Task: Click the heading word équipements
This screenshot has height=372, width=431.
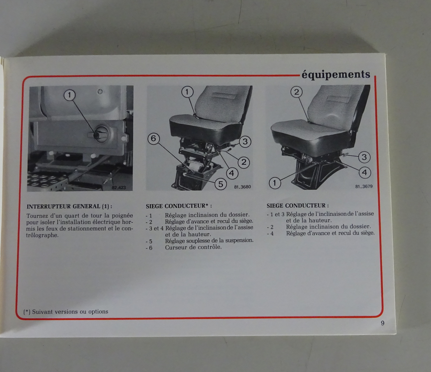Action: click(x=336, y=74)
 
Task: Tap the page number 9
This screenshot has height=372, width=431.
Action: click(x=383, y=323)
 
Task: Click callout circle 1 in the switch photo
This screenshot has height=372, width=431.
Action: click(x=69, y=95)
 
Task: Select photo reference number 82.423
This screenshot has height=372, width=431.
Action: click(x=119, y=187)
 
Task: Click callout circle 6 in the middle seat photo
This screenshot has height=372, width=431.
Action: click(x=154, y=138)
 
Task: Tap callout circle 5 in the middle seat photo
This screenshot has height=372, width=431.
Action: click(x=221, y=184)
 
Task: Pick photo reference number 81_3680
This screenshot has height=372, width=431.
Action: click(x=242, y=187)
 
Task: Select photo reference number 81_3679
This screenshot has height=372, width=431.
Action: click(x=364, y=186)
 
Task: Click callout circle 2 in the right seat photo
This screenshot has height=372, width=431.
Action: click(x=297, y=92)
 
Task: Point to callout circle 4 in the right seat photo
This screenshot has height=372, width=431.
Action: click(x=365, y=172)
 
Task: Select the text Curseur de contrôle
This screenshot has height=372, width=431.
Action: click(x=193, y=247)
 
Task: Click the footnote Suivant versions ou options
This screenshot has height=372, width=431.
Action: click(x=70, y=312)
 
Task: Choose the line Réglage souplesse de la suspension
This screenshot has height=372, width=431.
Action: click(x=209, y=241)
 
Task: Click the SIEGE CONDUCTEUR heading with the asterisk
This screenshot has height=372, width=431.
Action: click(x=179, y=206)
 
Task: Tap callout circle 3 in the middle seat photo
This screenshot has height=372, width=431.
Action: click(x=245, y=142)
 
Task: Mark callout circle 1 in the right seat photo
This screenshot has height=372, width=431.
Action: click(x=274, y=183)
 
